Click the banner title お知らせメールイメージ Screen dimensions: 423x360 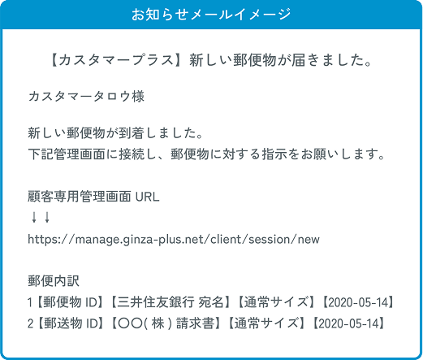click(x=211, y=15)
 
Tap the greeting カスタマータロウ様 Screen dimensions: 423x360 click(x=86, y=97)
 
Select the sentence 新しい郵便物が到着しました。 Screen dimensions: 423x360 click(x=115, y=133)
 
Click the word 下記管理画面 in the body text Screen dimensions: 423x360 click(x=67, y=154)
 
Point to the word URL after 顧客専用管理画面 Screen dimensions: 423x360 click(x=147, y=197)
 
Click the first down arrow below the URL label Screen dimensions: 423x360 click(x=34, y=217)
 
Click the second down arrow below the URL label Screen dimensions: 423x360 click(x=47, y=217)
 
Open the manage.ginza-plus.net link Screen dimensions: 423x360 click(x=174, y=240)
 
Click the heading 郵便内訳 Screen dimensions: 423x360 click(x=54, y=281)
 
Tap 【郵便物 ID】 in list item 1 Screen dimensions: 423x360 click(x=70, y=302)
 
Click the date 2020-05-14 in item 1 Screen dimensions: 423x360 click(x=357, y=302)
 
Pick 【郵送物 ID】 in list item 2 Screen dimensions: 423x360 click(x=70, y=323)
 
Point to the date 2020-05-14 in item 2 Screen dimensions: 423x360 click(x=348, y=323)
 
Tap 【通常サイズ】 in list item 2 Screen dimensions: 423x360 click(x=267, y=323)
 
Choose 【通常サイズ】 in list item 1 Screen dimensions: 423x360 click(x=277, y=302)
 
